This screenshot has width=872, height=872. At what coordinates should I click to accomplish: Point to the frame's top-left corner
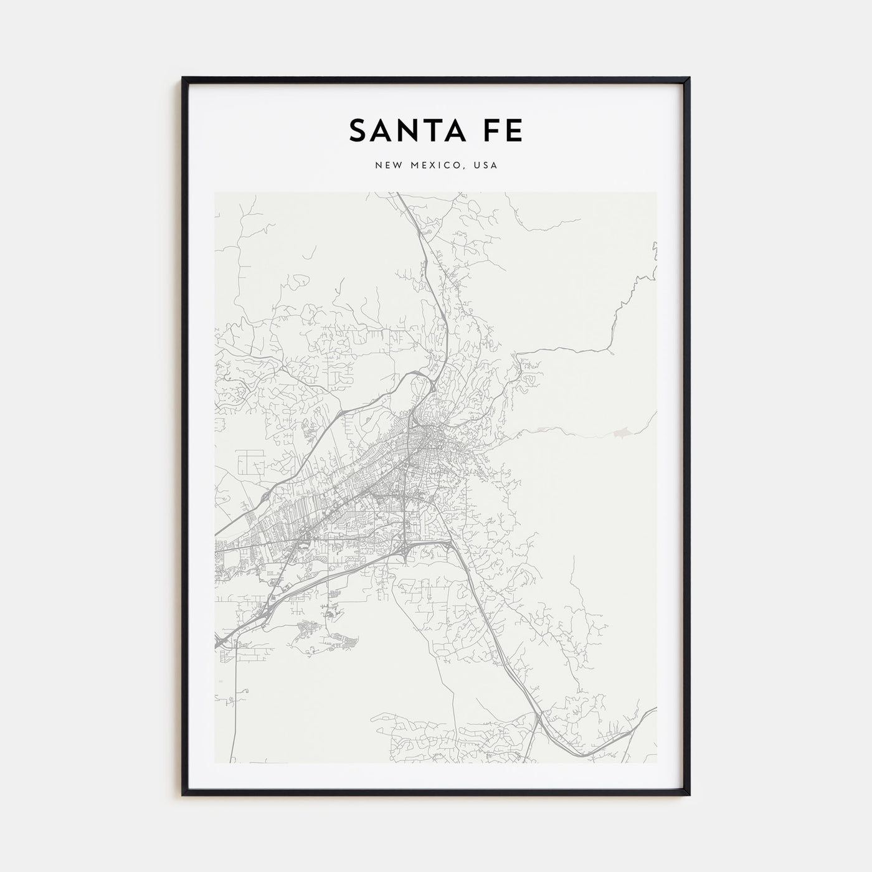click(183, 78)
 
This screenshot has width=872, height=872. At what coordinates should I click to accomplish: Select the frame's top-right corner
click(689, 78)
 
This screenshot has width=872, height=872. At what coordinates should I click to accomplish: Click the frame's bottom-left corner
click(183, 795)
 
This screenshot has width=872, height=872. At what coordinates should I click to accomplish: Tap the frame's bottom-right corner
click(689, 795)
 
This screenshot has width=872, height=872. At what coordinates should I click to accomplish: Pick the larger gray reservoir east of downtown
click(621, 431)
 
